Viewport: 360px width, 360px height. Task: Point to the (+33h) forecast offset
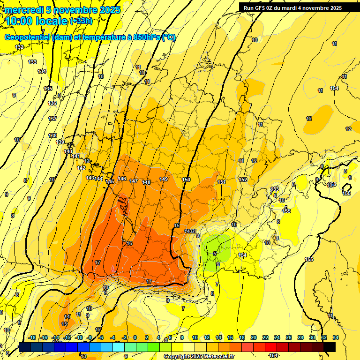(81, 21)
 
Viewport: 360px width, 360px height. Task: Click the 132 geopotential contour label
(19, 47)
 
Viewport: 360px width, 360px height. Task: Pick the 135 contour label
(48, 89)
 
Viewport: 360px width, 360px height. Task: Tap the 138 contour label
(52, 135)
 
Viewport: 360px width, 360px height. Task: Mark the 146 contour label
(122, 179)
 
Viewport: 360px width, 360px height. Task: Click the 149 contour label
(164, 179)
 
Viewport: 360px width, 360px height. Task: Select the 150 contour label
(186, 180)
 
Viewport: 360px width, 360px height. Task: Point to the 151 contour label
(222, 182)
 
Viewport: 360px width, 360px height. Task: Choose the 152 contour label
(243, 180)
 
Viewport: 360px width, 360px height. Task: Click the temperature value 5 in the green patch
(215, 254)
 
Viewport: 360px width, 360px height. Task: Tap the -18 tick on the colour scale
(32, 337)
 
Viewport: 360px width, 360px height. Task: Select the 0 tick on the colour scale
(135, 337)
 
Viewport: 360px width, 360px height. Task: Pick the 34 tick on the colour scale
(336, 337)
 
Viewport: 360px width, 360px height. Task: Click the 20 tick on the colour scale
(254, 337)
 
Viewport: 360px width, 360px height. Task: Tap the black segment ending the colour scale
(330, 347)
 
